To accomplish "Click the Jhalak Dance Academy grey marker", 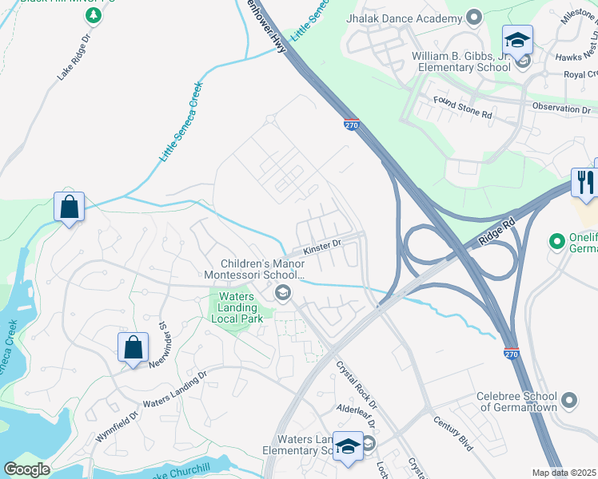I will point(473,17).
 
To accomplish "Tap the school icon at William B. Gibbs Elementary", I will point(517,39).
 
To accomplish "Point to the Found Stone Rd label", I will point(462,108).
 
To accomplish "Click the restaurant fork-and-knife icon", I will point(584,183).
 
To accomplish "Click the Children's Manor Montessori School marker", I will point(281,295).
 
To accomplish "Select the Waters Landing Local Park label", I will point(233,308).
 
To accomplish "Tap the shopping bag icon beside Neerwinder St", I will point(133,348).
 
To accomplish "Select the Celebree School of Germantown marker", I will point(568,399).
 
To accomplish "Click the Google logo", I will point(26,469).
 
